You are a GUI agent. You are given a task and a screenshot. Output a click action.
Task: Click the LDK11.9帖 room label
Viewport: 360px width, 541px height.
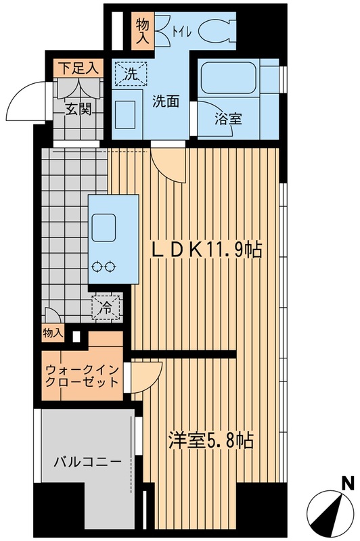206,250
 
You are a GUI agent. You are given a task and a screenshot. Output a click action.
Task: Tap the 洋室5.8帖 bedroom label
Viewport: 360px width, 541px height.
210,442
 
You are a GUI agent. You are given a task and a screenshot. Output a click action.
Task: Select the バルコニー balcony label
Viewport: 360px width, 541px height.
88,463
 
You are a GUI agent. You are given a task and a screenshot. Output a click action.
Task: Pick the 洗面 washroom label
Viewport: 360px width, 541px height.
165,102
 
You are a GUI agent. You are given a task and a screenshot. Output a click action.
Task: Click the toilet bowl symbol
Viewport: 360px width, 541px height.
217,29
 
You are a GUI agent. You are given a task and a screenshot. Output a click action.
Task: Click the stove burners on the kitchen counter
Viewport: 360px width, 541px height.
104,266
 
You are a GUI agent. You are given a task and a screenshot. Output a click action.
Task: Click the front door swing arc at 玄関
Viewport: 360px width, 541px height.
22,102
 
